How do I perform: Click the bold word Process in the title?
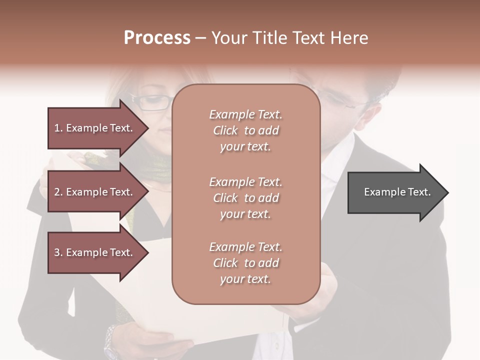(x=157, y=37)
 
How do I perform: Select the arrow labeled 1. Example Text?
(x=95, y=128)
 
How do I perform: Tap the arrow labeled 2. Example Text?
(x=95, y=192)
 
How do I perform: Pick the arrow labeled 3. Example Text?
(x=95, y=252)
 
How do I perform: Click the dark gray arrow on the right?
(x=395, y=192)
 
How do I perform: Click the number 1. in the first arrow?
(x=58, y=128)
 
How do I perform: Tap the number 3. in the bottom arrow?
(x=58, y=252)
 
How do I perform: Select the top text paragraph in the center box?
(x=245, y=130)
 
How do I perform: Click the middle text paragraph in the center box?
(x=245, y=198)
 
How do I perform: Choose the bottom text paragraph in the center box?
(x=245, y=263)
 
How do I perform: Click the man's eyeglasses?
(x=345, y=100)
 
